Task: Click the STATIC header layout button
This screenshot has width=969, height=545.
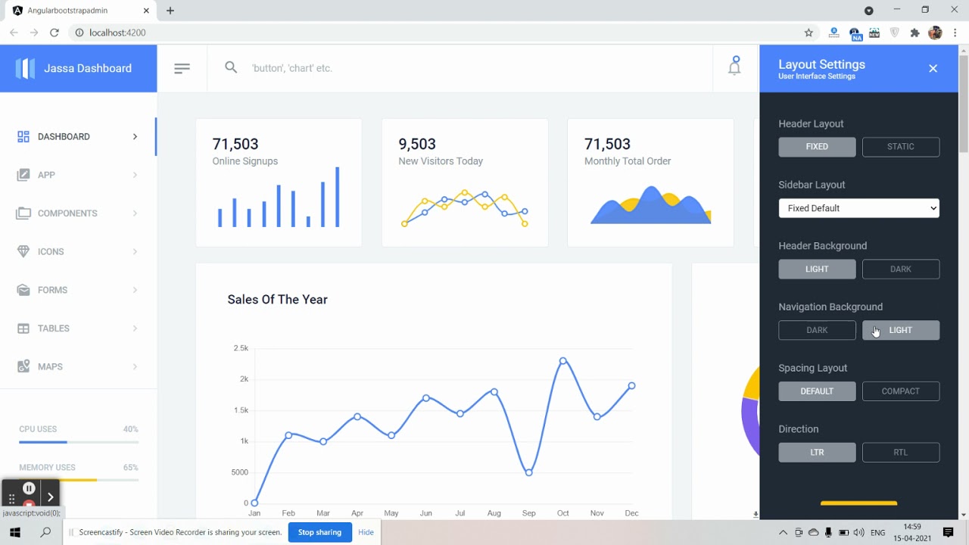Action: pos(900,147)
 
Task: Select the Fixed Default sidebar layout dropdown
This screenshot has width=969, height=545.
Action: pos(858,208)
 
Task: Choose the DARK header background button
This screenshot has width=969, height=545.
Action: pos(900,269)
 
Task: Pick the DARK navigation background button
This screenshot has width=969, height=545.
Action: pos(817,330)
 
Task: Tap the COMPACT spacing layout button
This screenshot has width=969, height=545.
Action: pos(900,391)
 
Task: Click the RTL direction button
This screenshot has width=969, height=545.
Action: pos(900,453)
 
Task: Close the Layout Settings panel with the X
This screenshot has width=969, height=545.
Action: pos(933,69)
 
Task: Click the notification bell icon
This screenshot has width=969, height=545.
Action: pos(734,67)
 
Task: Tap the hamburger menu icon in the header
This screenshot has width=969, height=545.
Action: pos(182,68)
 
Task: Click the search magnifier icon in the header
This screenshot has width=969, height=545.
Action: pos(231,67)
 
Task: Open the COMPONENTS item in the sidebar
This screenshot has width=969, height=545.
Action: pos(67,213)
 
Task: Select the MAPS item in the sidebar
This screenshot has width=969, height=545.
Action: pos(50,367)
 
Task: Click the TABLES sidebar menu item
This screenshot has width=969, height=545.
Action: pos(54,329)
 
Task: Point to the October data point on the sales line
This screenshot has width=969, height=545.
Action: pos(562,361)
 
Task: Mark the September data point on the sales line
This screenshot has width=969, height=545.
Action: pos(528,472)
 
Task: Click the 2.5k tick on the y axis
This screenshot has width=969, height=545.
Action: pos(241,348)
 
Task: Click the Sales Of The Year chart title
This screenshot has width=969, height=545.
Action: pos(277,300)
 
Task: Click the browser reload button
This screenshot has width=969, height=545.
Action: pos(55,33)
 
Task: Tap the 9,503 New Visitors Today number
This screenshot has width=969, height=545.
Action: pos(417,144)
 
